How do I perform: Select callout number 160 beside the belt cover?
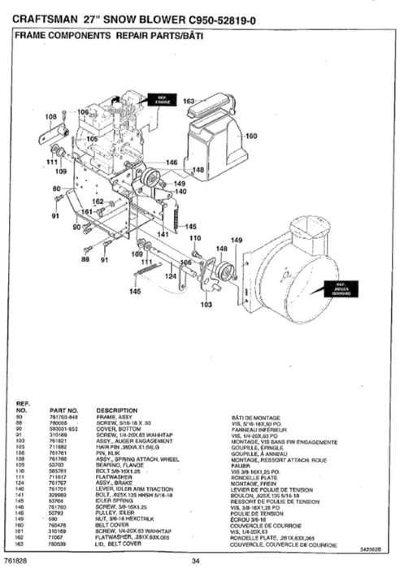(251, 136)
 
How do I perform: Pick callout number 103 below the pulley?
(206, 304)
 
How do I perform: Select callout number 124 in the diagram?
(171, 276)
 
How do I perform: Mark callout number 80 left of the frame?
(56, 189)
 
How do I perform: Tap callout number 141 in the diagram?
(163, 234)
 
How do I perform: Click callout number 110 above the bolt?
(195, 238)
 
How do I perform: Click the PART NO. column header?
(63, 410)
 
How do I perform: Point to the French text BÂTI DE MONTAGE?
(255, 416)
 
